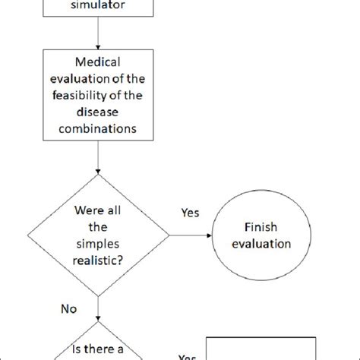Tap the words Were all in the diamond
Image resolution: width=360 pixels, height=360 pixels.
click(x=99, y=210)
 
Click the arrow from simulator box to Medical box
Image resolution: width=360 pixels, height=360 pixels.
click(x=99, y=32)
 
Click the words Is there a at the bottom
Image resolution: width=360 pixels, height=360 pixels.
click(x=99, y=350)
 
